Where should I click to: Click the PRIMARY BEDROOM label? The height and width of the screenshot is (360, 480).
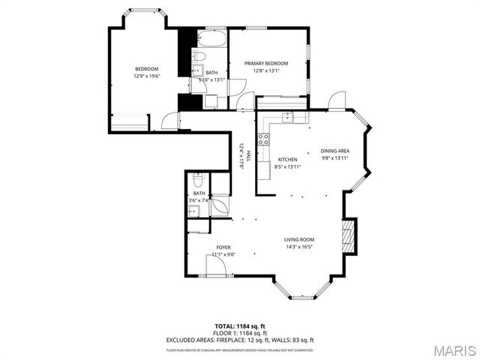[266, 64]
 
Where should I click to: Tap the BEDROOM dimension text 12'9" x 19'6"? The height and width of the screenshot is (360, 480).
[147, 76]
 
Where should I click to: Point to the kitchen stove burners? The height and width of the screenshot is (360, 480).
[263, 138]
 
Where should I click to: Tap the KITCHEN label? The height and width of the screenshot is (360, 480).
[288, 160]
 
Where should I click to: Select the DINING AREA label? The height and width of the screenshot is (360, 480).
[335, 151]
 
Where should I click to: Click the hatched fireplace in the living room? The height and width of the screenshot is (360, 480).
[346, 237]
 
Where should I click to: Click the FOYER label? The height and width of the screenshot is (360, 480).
[223, 247]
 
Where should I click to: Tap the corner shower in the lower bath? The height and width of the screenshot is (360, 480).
[220, 205]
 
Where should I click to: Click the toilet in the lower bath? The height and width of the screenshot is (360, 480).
[199, 180]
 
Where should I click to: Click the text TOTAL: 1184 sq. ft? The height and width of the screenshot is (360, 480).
[240, 325]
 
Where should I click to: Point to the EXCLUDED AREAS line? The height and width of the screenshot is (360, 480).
[240, 340]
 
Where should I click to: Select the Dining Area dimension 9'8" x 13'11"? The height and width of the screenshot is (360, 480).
[335, 158]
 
